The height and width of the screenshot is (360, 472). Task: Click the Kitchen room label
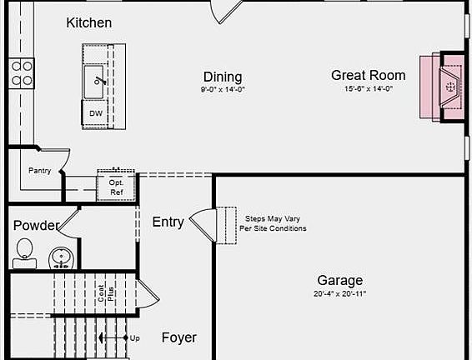pyautogui.click(x=88, y=22)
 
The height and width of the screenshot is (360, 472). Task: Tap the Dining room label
pyautogui.click(x=223, y=77)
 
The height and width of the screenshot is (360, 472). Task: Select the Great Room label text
pyautogui.click(x=368, y=75)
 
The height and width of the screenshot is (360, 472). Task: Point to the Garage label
pyautogui.click(x=339, y=280)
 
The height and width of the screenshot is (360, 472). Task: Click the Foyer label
pyautogui.click(x=178, y=337)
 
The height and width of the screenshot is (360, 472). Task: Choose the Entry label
pyautogui.click(x=168, y=222)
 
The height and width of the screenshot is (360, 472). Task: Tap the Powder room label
pyautogui.click(x=36, y=226)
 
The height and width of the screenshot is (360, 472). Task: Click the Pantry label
pyautogui.click(x=39, y=171)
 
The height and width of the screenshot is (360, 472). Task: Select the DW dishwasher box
pyautogui.click(x=96, y=113)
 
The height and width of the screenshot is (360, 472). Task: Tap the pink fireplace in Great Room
pyautogui.click(x=443, y=86)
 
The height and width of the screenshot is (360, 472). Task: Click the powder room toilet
pyautogui.click(x=24, y=249)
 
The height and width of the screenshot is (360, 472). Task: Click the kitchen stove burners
pyautogui.click(x=22, y=73)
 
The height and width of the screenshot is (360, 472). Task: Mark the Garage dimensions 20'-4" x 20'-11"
pyautogui.click(x=339, y=294)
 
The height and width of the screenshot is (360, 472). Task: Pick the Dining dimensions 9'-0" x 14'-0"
pyautogui.click(x=223, y=89)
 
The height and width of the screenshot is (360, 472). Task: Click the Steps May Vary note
pyautogui.click(x=273, y=222)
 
